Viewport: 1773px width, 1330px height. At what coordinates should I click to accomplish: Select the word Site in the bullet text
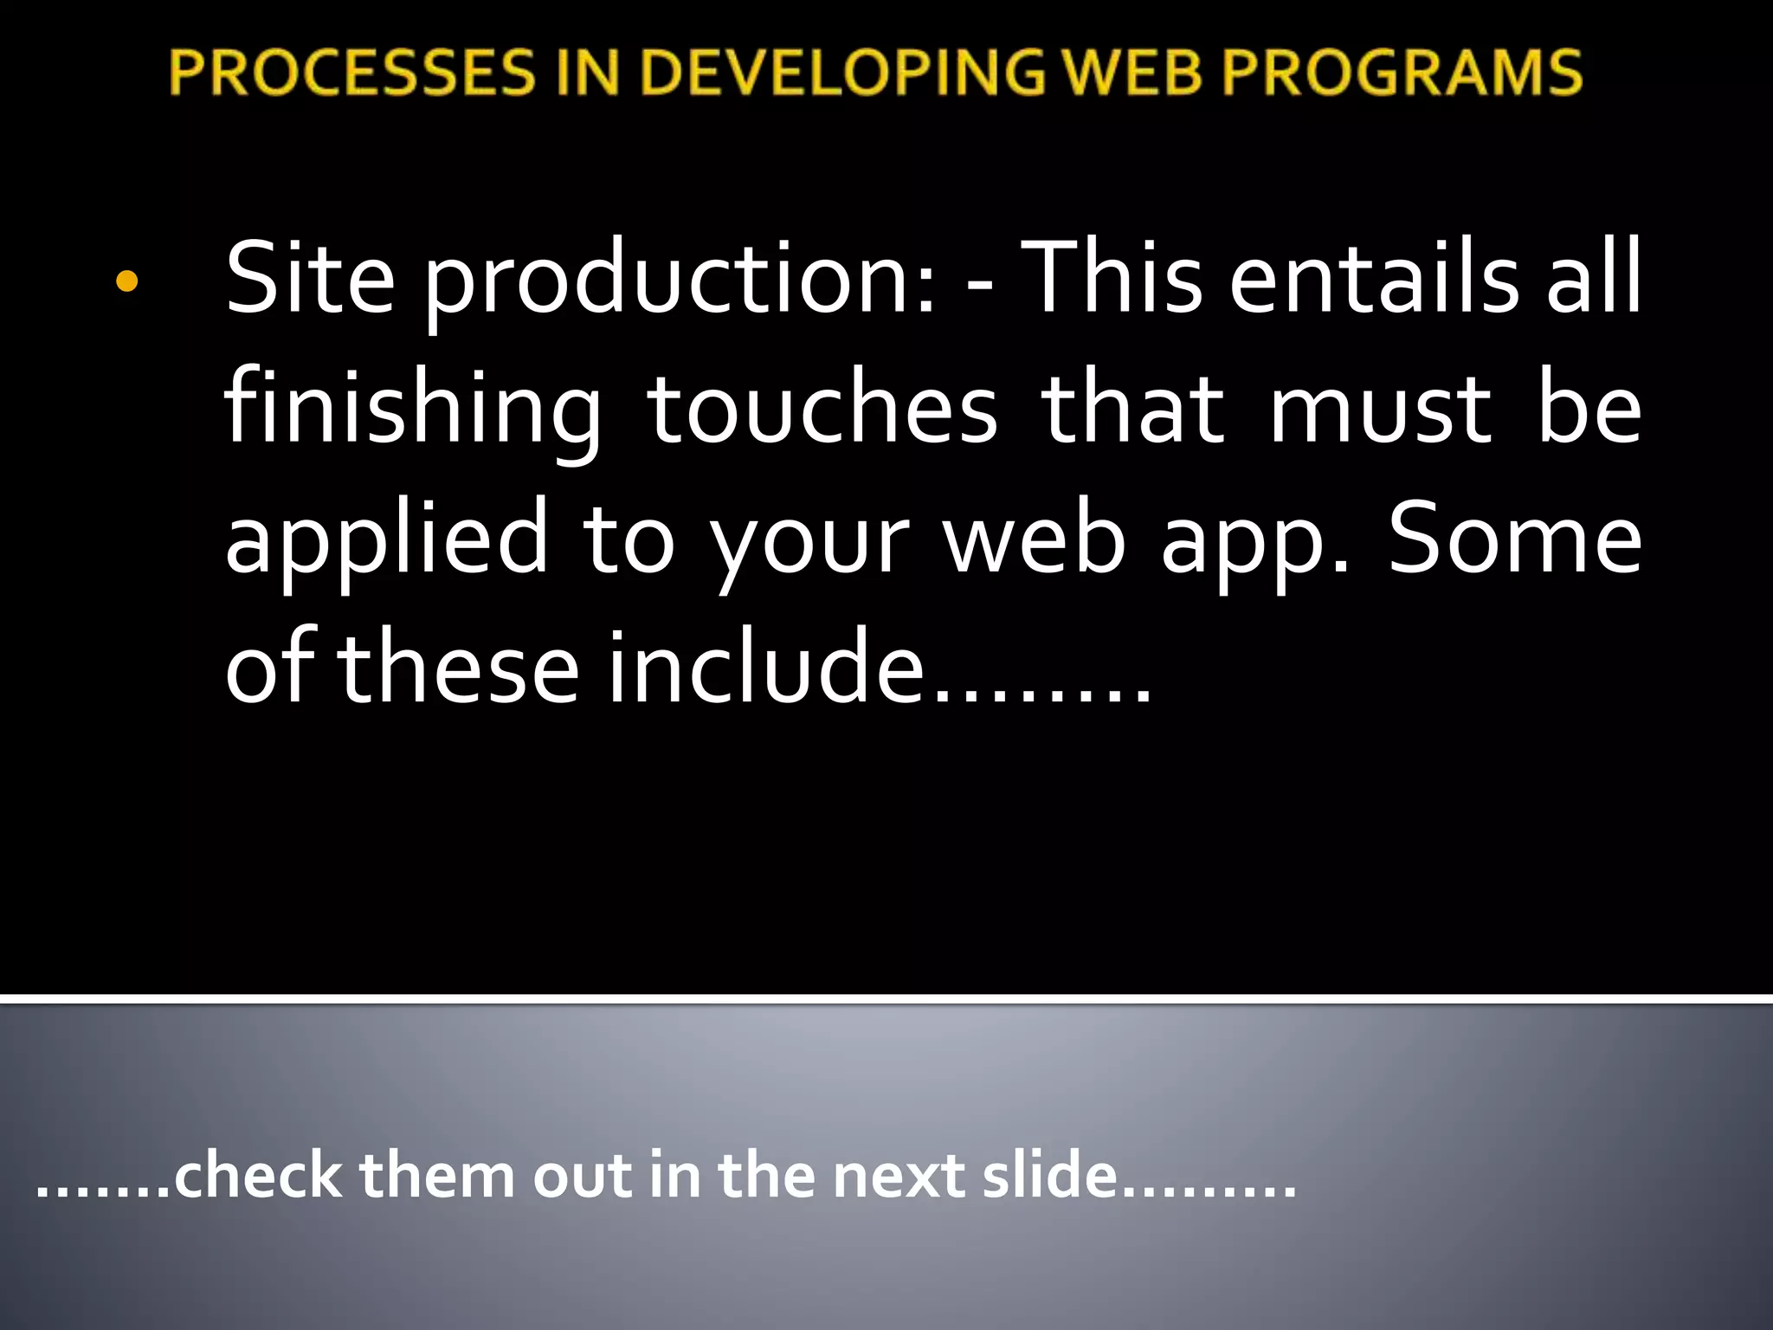point(310,279)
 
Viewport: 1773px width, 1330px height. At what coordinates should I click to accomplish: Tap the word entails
point(1374,279)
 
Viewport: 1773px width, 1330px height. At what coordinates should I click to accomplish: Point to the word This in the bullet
point(1112,279)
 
